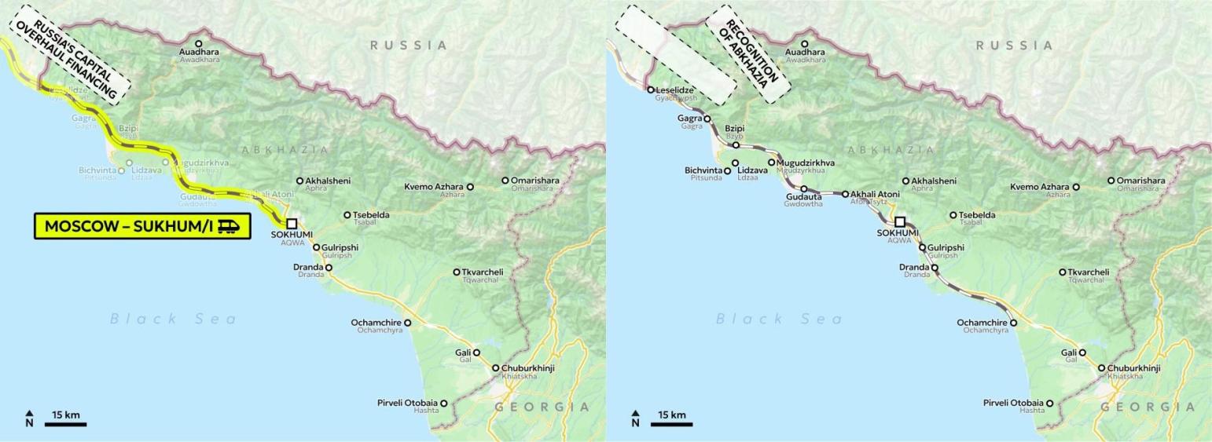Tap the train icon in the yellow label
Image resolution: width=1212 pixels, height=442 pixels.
point(230,226)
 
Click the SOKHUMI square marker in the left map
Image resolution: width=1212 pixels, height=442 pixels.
point(292,223)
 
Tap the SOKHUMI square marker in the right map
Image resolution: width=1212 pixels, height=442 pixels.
point(900,222)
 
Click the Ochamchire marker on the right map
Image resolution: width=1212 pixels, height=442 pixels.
point(1013,323)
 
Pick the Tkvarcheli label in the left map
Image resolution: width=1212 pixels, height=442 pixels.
point(483,272)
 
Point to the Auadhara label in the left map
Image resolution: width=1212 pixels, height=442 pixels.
point(199,52)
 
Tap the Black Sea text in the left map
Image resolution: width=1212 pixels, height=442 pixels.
point(173,319)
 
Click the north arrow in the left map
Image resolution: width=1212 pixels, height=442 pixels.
point(29,418)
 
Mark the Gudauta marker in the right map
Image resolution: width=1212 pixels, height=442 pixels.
point(804,188)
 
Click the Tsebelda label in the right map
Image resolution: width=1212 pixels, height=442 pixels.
point(977,215)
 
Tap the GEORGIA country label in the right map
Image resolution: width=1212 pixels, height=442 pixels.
point(1148,407)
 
